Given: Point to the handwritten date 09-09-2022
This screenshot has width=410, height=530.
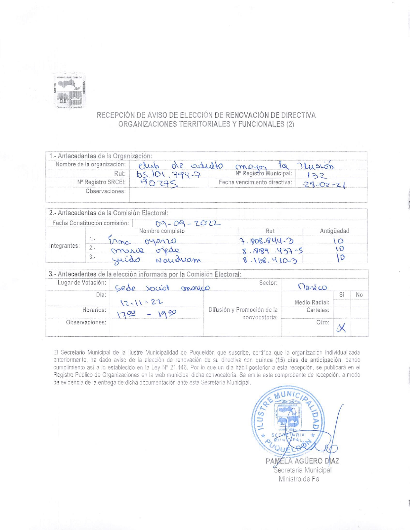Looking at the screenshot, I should [188, 224].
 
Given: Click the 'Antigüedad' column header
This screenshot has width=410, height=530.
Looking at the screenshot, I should [334, 231].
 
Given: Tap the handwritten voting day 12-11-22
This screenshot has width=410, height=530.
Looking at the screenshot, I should [141, 302].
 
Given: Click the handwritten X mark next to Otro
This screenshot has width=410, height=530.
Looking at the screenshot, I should [341, 328].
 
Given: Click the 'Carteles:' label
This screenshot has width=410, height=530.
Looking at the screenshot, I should [318, 310].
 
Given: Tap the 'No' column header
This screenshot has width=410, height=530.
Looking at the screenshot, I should [359, 295].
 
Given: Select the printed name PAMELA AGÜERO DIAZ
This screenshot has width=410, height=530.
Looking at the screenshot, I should [302, 461].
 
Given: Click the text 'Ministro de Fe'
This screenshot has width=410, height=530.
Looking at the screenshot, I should [299, 479].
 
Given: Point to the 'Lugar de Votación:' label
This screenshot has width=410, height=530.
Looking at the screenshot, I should [82, 283].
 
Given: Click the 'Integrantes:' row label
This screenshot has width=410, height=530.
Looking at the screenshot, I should [64, 246].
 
